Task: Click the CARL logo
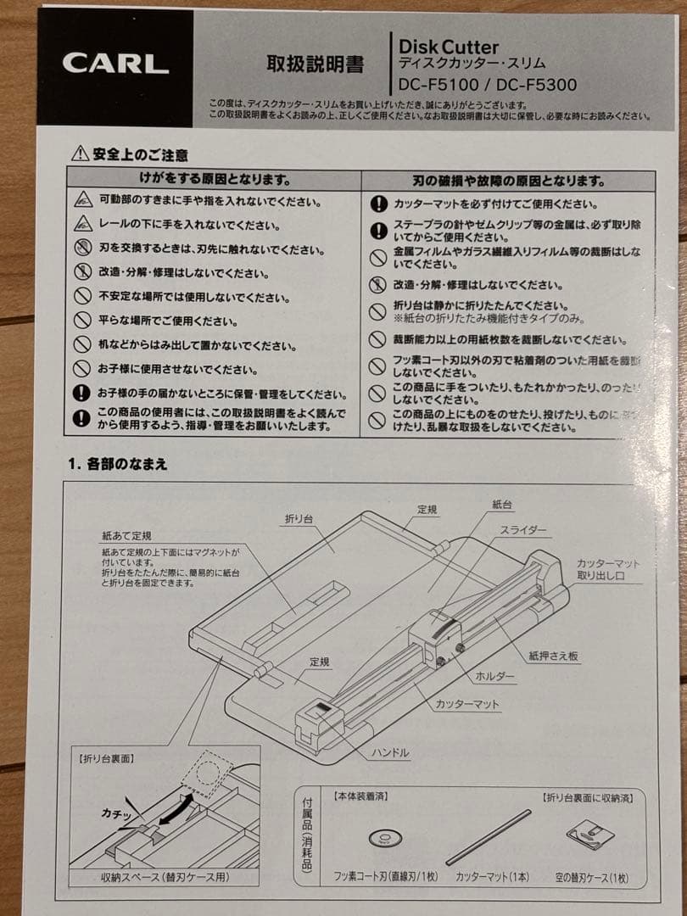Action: coord(114,64)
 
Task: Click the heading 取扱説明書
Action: coord(303,64)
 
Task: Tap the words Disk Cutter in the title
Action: coord(449,47)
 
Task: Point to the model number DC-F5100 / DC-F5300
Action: coord(488,85)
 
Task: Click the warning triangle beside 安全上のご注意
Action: coord(80,154)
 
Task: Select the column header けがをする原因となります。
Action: coord(215,180)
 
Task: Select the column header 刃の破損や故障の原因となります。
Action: coord(509,181)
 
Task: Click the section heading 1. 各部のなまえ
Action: coord(118,463)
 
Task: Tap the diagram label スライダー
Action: coord(522,530)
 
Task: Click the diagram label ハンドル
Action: coord(390,752)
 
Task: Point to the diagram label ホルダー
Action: coord(494,675)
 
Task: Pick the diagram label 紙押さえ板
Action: coord(555,655)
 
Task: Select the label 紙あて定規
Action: coord(126,536)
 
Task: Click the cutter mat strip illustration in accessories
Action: coord(489,836)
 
